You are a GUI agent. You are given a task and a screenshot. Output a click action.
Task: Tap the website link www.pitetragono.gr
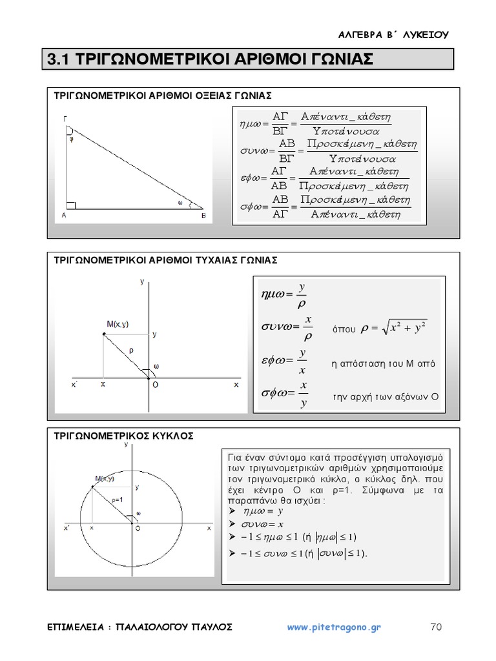(334, 627)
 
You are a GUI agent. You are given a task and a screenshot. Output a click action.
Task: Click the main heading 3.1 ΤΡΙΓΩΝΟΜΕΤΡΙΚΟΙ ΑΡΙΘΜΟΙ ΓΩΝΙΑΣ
(211, 59)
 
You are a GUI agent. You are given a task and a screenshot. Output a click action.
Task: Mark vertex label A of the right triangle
(64, 217)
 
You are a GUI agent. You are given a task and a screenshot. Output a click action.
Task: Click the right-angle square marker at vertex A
(71, 205)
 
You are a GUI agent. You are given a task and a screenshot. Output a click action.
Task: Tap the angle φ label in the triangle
(71, 137)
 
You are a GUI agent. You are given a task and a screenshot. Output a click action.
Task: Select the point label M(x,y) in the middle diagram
(118, 324)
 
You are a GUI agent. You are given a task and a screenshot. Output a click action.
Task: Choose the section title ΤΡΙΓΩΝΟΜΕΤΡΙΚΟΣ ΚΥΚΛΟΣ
(123, 436)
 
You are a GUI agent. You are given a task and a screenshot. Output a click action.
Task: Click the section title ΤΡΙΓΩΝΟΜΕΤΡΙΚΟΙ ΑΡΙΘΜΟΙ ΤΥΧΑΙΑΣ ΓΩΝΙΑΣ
(165, 260)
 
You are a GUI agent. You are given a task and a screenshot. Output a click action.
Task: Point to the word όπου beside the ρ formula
(344, 329)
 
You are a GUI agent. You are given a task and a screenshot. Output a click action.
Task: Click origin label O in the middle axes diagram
(155, 385)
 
